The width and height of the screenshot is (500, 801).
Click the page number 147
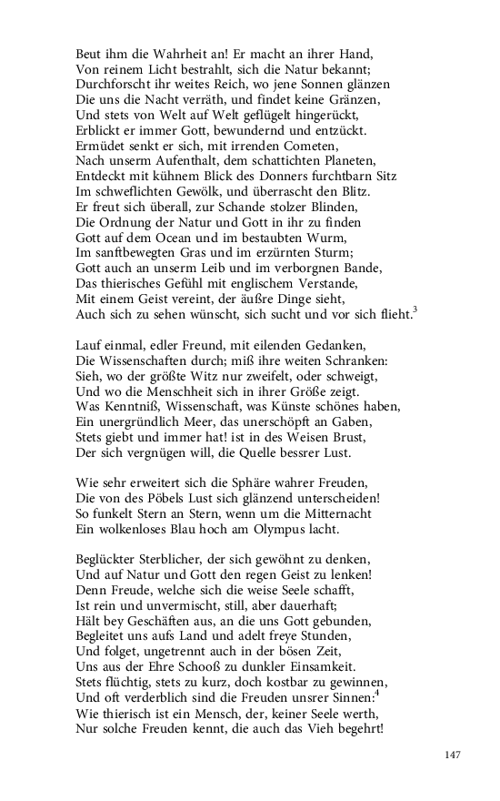tap(454, 755)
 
